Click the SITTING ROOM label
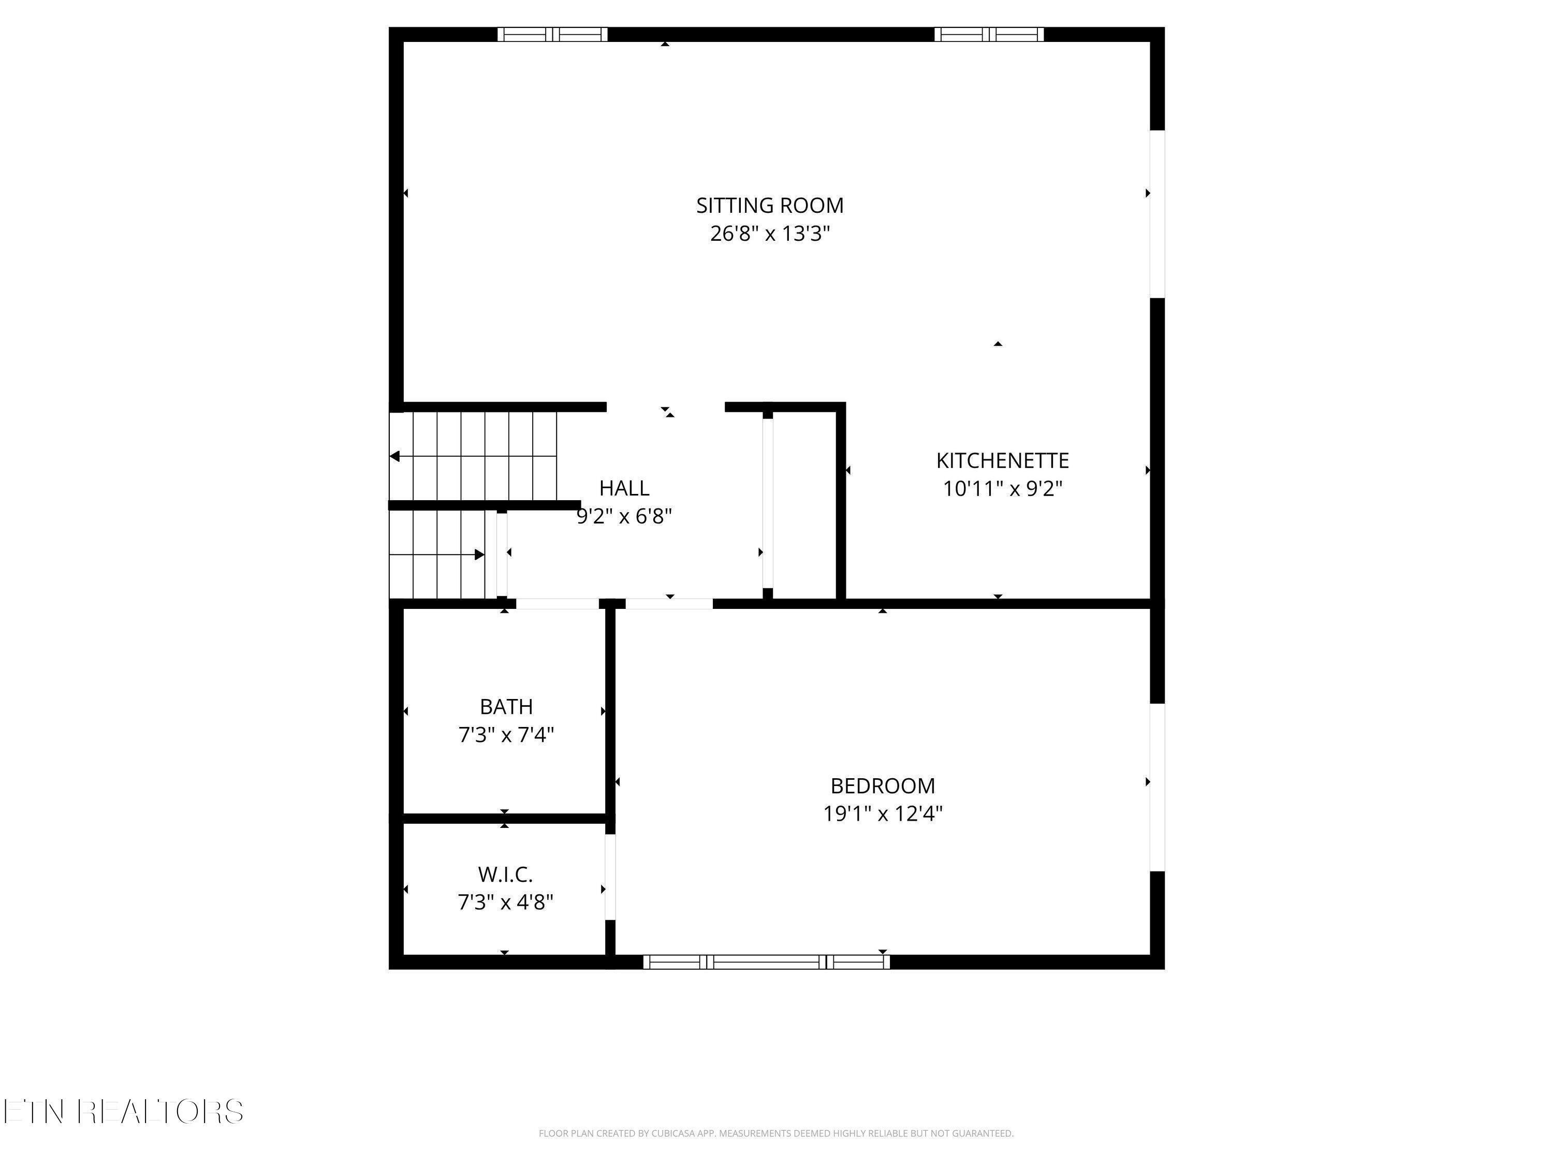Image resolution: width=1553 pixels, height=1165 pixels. point(769,206)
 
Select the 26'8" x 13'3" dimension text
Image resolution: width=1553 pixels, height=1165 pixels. point(769,234)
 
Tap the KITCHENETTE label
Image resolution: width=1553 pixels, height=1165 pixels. point(1002,461)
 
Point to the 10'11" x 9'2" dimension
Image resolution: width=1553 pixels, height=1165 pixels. point(1002,489)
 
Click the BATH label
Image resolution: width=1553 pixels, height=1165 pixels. point(505,706)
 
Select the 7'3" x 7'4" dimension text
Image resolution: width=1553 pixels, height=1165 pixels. point(505,735)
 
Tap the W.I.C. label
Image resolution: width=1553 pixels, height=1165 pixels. point(505,875)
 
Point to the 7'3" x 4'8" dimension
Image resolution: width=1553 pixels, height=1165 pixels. point(505,902)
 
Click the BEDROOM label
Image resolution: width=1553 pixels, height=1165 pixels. point(883,785)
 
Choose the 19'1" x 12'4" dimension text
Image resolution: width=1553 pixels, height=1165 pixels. point(883,814)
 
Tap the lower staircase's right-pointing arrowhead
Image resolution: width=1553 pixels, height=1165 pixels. point(479,555)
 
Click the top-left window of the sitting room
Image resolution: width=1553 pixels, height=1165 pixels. point(552,34)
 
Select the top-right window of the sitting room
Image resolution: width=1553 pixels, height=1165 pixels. point(989,34)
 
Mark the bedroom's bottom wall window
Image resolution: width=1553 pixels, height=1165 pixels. point(766,962)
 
